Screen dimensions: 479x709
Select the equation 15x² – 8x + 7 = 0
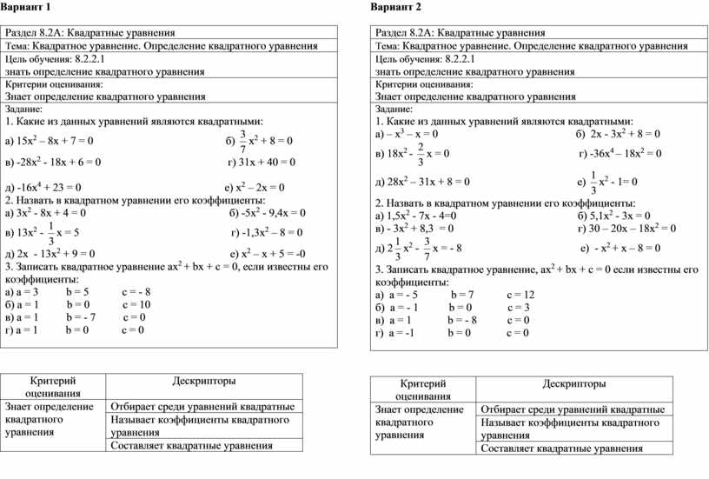[54, 140]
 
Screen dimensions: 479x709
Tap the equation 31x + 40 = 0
[267, 162]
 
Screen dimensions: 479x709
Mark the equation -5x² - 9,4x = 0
[273, 212]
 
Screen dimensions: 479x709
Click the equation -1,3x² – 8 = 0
[273, 233]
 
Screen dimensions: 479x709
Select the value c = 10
[136, 305]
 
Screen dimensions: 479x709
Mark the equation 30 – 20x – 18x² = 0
[631, 228]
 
